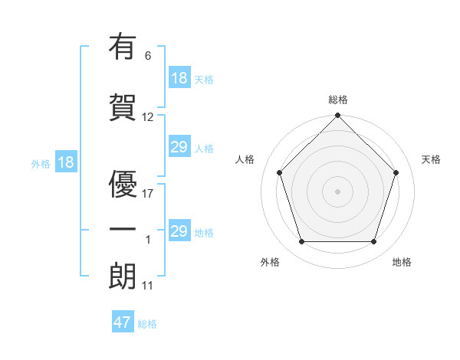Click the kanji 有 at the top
[123, 47]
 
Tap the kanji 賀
[123, 106]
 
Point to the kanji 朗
[123, 275]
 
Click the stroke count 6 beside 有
[148, 55]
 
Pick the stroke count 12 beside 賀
[148, 117]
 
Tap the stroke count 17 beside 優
[148, 193]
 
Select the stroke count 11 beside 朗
[148, 286]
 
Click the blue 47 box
[123, 322]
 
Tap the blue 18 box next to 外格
[66, 162]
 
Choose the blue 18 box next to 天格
[179, 78]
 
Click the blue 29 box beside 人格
[179, 147]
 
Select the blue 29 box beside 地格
[179, 231]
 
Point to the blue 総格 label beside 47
[147, 324]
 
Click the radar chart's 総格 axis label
[338, 100]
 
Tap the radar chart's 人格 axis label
[245, 159]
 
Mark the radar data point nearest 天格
[396, 172]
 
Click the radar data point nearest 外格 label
[301, 242]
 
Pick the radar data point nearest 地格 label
[374, 242]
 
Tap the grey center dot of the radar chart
[338, 191]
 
